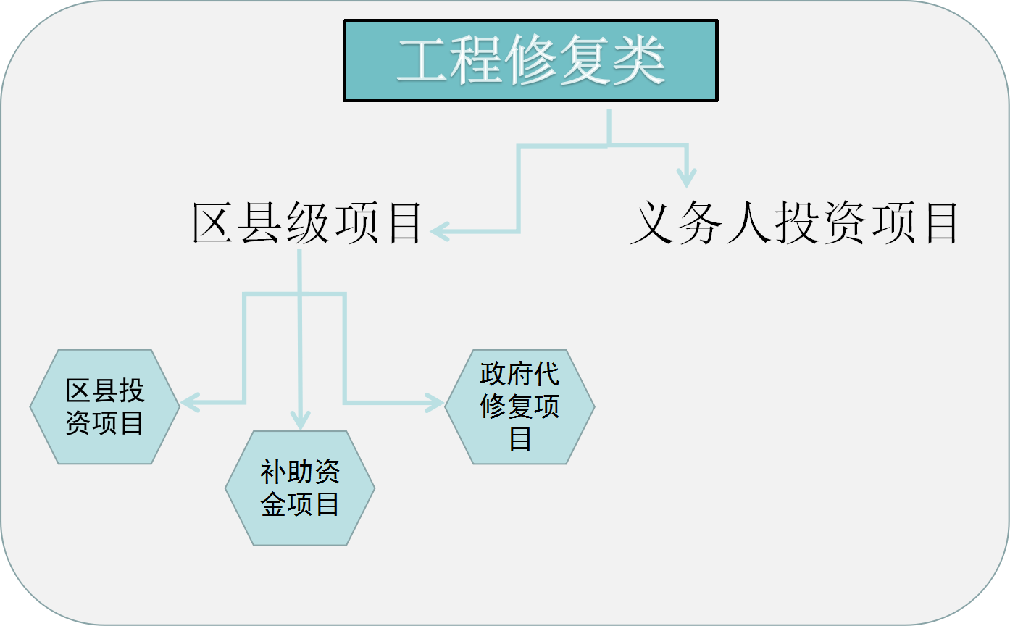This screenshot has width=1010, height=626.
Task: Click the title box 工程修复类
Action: click(530, 60)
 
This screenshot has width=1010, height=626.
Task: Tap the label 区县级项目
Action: click(307, 223)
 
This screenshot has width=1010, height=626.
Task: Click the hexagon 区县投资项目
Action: click(104, 406)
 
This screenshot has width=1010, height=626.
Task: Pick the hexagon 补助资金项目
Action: click(300, 488)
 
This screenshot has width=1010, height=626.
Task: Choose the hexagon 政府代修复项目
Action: click(519, 406)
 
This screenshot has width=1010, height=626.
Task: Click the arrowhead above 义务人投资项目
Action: click(686, 178)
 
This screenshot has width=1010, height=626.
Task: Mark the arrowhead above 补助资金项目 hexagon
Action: click(300, 420)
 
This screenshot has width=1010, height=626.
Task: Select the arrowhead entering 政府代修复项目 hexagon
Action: click(435, 402)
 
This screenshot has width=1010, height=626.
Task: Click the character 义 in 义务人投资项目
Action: click(652, 223)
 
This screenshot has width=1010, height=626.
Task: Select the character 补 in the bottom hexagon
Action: click(273, 472)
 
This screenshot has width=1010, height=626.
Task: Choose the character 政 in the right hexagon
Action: click(493, 374)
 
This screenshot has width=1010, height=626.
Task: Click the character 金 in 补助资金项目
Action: click(273, 504)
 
